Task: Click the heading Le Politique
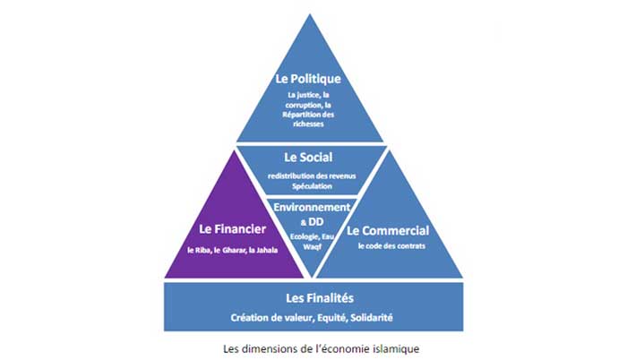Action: pyautogui.click(x=313, y=79)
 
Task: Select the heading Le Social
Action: pyautogui.click(x=313, y=159)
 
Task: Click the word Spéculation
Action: pyautogui.click(x=313, y=186)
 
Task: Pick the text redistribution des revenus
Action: pyautogui.click(x=313, y=176)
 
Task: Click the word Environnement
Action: pyautogui.click(x=313, y=207)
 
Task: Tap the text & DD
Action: pyautogui.click(x=313, y=219)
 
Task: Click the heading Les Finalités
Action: pyautogui.click(x=313, y=296)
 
